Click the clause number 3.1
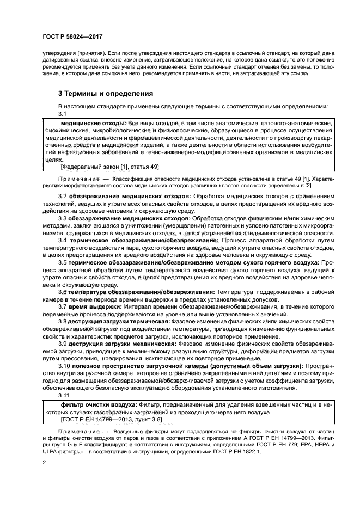[x=62, y=114]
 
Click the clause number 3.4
[x=62, y=240]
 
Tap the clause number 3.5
[x=62, y=262]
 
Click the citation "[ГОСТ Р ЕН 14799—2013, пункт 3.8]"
[x=112, y=420]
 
